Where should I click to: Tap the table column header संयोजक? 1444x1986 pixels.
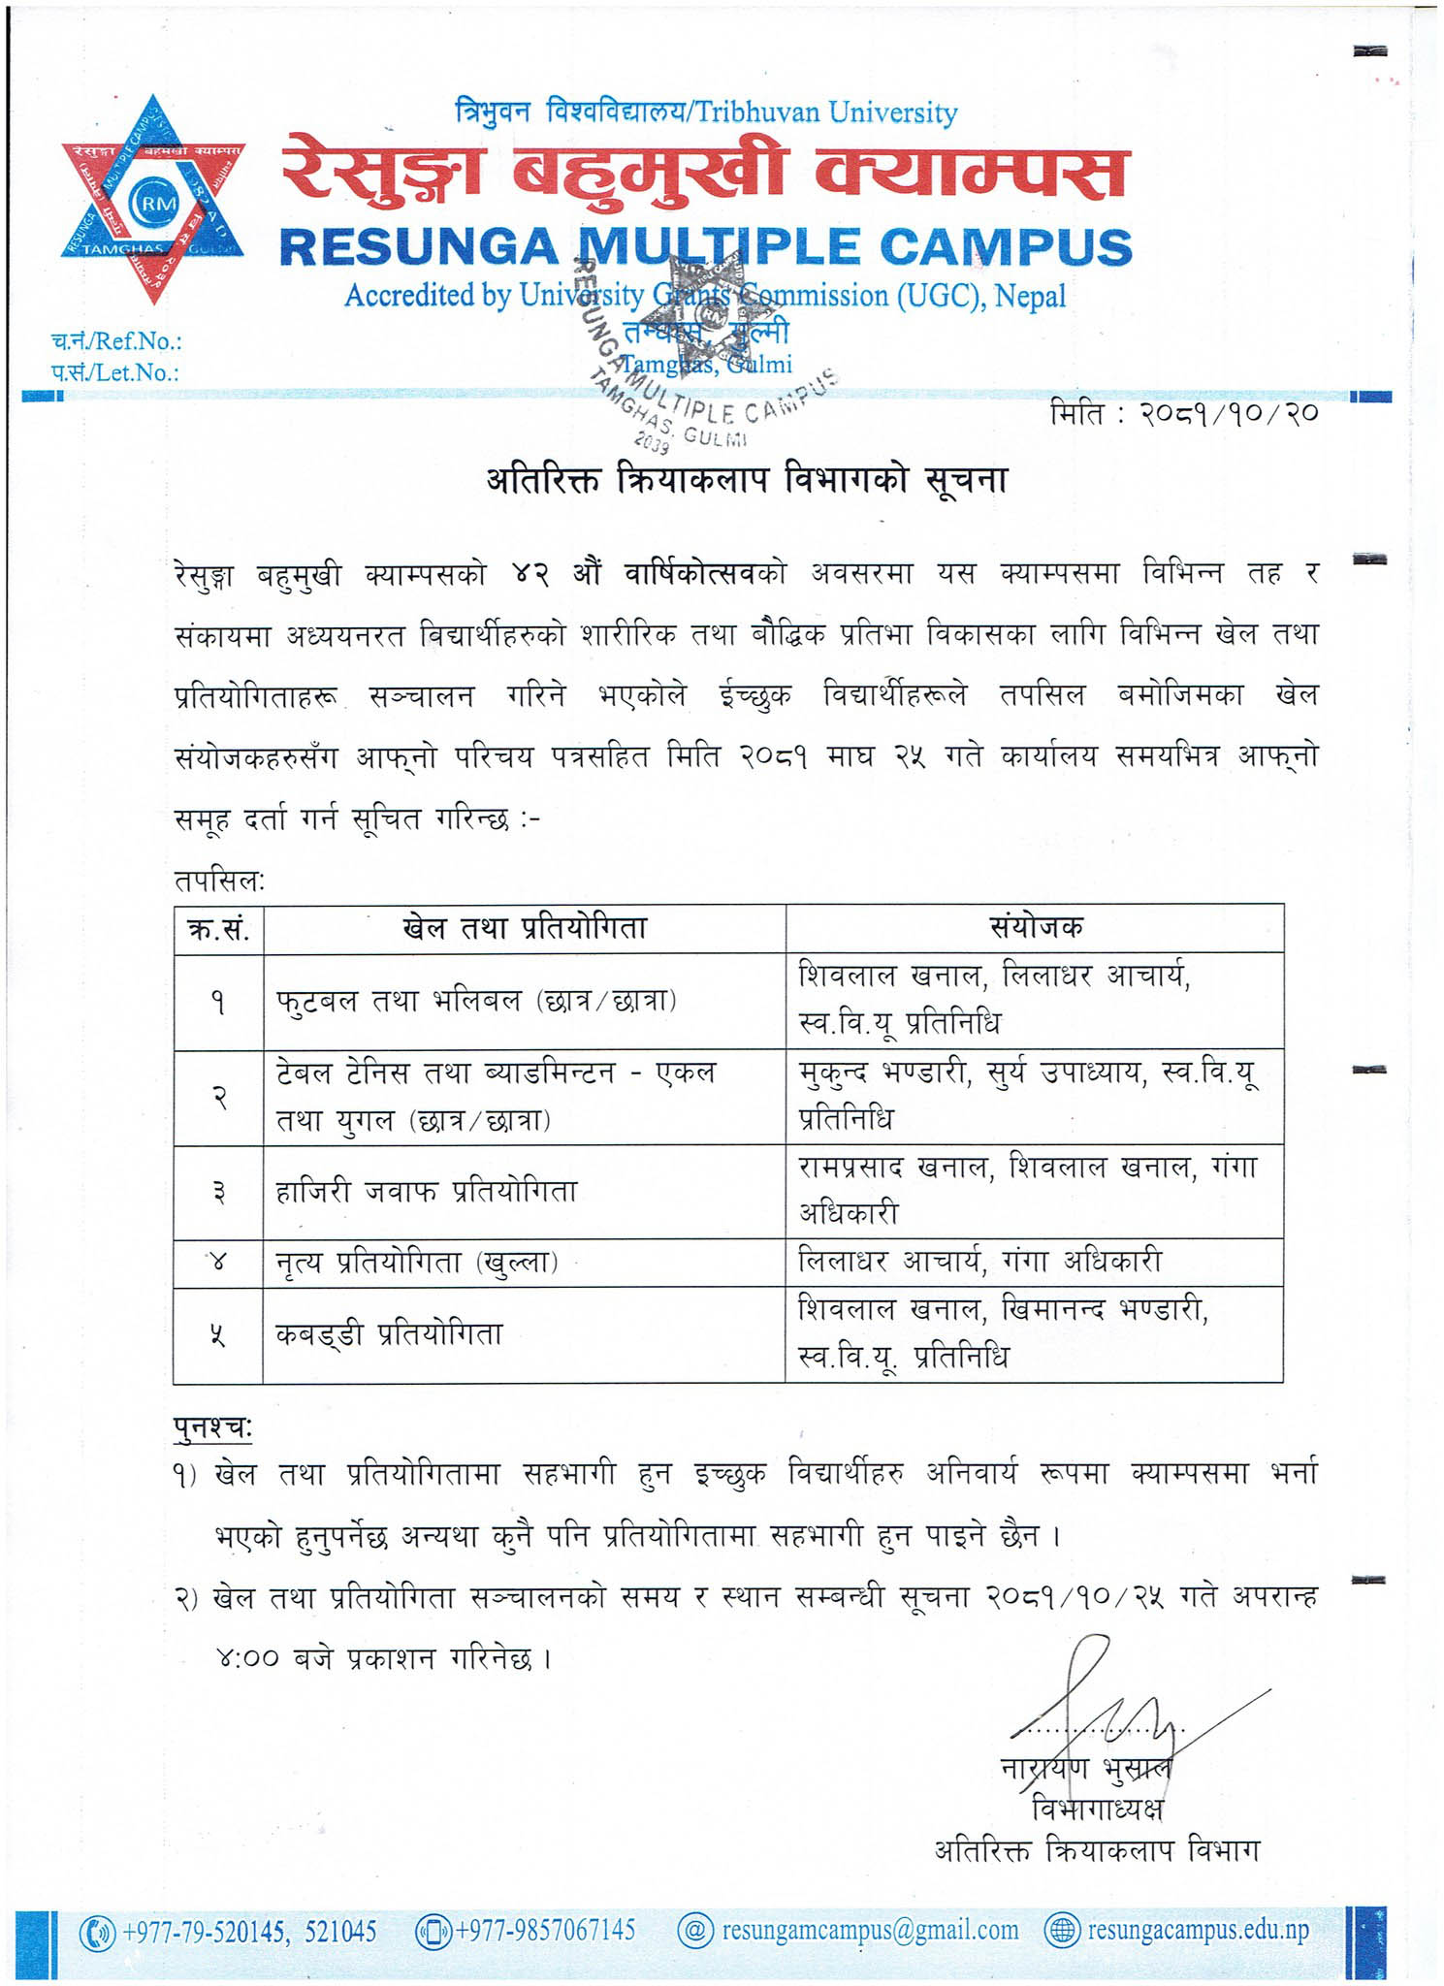1034,928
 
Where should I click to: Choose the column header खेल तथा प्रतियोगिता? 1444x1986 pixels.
524,928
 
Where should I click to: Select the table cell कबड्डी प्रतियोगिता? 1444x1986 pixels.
389,1334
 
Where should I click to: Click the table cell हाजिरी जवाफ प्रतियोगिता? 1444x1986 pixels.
427,1191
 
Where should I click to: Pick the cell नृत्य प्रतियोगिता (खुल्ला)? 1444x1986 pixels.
417,1263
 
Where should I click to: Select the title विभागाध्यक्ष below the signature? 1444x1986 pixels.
1097,1810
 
